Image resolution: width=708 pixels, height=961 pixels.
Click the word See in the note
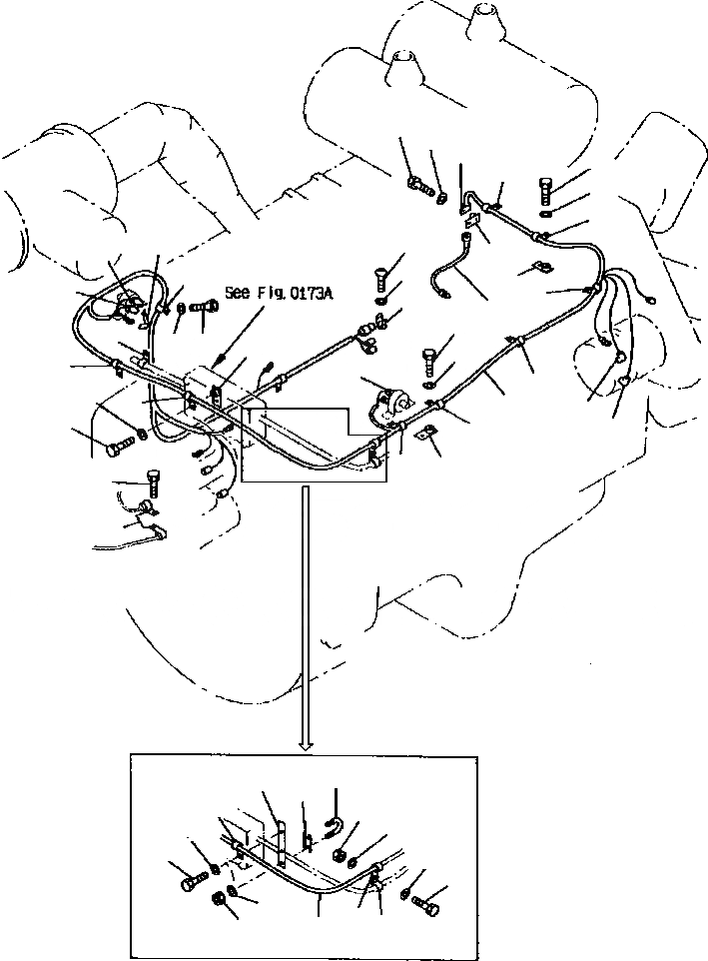[x=239, y=293]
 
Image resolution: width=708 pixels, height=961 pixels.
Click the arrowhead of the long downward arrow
[x=308, y=745]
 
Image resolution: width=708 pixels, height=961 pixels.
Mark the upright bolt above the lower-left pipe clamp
[x=153, y=483]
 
